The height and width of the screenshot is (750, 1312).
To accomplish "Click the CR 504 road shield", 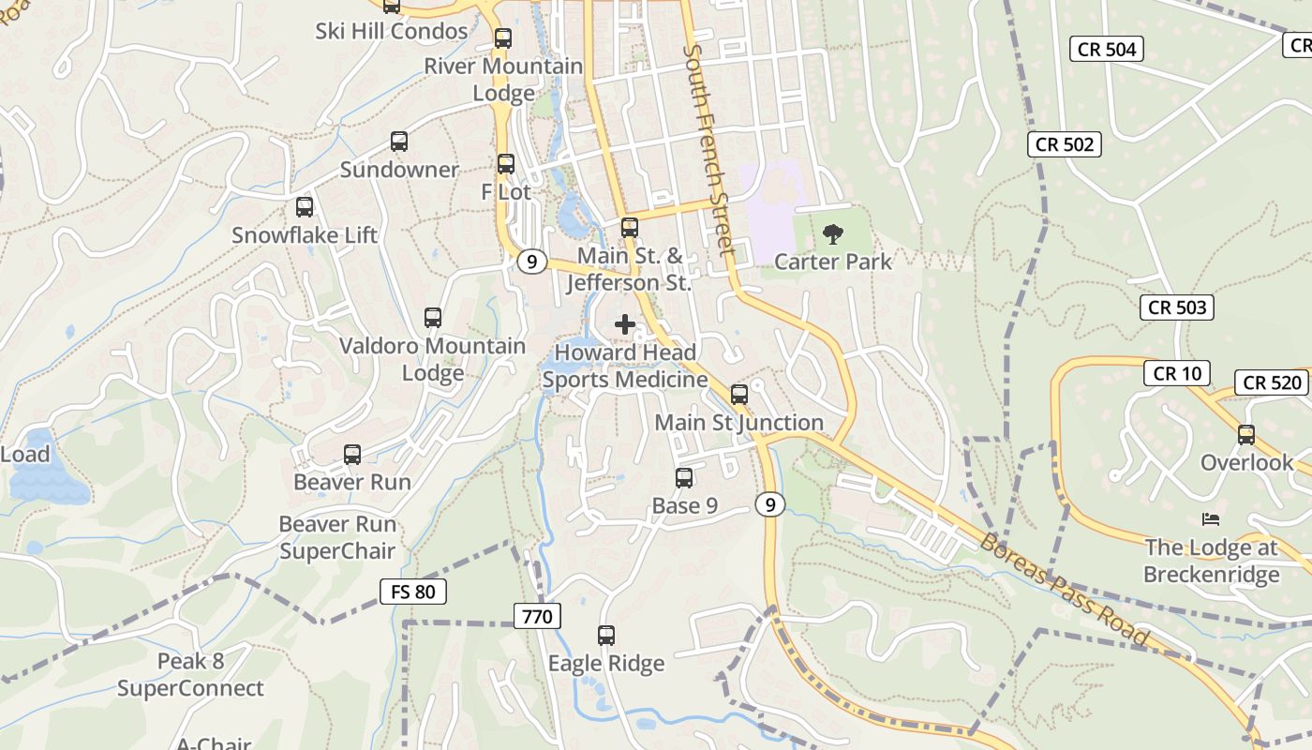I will pos(1107,50).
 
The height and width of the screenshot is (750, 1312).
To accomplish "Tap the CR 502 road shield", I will pos(1064,144).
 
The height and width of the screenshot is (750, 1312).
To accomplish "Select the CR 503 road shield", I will pos(1177,307).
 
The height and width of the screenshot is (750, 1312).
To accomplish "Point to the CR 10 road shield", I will pos(1177,373).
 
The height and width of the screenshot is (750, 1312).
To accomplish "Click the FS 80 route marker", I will pos(412,592).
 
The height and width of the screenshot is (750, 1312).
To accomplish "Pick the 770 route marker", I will pos(537,616).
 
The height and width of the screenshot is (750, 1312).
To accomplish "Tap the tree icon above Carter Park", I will pos(832,234).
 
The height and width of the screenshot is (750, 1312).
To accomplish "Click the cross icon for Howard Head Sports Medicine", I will pos(625,325).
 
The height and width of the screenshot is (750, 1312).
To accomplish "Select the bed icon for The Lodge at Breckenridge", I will pos(1211,519).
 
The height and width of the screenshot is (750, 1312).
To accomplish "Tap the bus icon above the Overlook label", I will pos(1246,435).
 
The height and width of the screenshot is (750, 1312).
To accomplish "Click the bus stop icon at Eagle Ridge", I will pos(606,636).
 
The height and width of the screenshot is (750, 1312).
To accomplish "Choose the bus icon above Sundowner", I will pos(399,142).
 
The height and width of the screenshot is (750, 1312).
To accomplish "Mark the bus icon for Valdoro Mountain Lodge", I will pos(432,318).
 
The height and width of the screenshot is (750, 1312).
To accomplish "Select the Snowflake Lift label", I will pos(305,235).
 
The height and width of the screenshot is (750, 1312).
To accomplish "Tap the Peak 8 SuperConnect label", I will pos(190,675).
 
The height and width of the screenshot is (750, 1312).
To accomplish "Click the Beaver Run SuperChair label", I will pos(337,537).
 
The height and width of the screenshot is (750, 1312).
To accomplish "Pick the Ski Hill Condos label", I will pos(391,31).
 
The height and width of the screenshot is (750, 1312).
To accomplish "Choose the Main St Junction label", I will pos(738,423).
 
